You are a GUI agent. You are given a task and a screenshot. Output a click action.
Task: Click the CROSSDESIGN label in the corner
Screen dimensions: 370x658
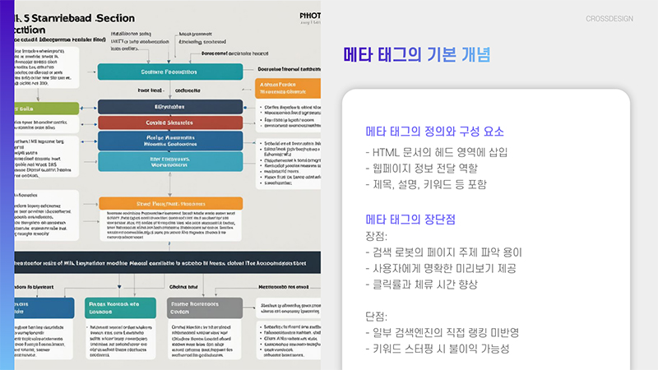coord(609,18)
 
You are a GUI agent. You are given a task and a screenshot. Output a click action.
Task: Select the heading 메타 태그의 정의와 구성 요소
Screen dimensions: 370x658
coord(435,132)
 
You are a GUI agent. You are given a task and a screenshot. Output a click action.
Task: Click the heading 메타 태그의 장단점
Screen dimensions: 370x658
coord(410,220)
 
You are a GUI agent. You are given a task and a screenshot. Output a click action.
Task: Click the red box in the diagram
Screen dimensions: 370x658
coord(170,123)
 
